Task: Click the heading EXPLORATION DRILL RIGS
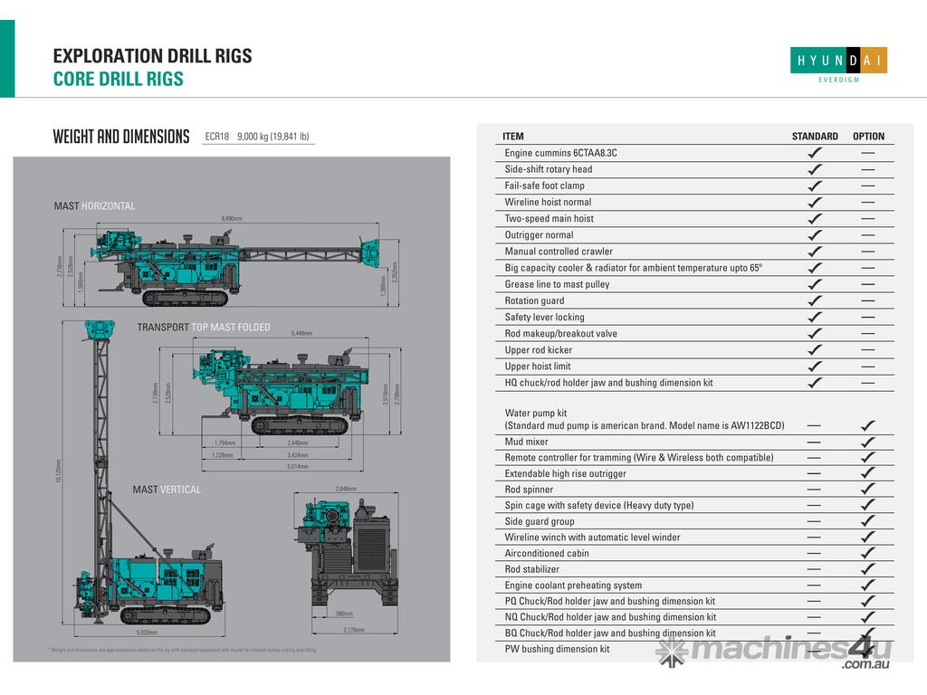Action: pos(152,56)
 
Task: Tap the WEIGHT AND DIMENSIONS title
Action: pos(121,138)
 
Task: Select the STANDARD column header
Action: pos(815,137)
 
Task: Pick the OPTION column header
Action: pos(868,137)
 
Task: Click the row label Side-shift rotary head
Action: pos(549,169)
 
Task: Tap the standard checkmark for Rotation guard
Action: pos(815,300)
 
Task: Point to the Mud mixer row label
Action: pos(526,442)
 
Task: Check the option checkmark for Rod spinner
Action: pos(868,490)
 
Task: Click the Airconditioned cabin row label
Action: pos(547,553)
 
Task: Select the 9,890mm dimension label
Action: pos(232,219)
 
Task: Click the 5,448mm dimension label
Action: pos(301,334)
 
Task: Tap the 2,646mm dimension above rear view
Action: pos(346,489)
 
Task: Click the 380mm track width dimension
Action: pos(344,614)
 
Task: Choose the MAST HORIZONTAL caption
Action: pos(94,206)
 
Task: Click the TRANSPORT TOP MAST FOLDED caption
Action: pos(204,328)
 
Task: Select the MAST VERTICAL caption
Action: pos(167,490)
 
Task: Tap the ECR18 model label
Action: pos(216,137)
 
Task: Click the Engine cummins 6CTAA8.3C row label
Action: pos(560,153)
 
